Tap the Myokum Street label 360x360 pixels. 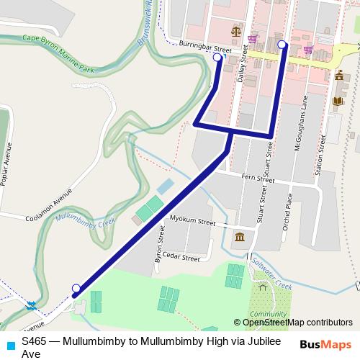(192, 220)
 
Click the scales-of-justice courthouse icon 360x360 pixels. (235, 31)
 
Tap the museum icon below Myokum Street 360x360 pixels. (239, 238)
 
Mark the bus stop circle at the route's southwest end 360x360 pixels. (76, 289)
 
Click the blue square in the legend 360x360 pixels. (9, 343)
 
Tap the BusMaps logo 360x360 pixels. (325, 343)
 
